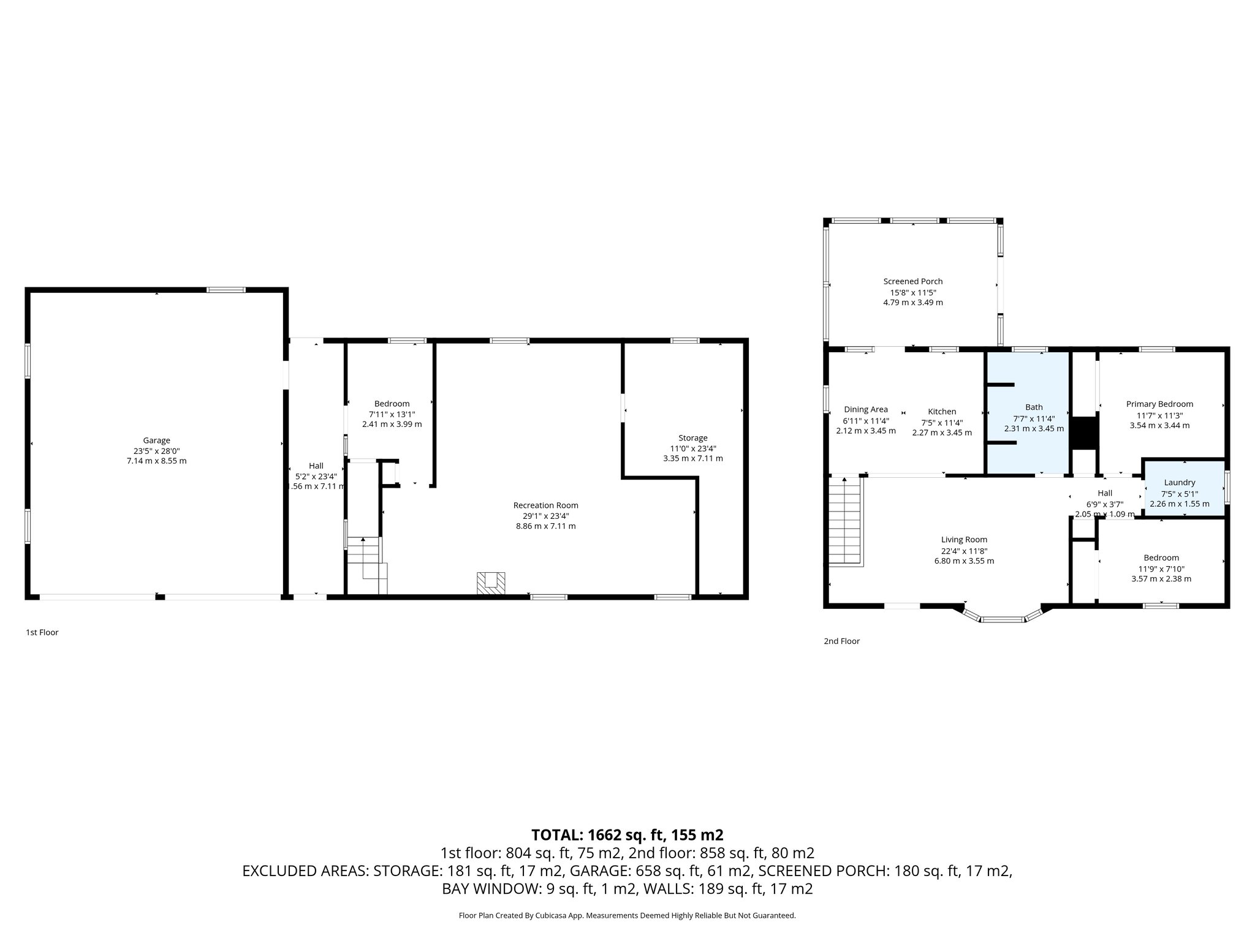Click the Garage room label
pos(156,440)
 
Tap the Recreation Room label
pos(545,505)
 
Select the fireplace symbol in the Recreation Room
pos(491,583)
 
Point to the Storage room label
pos(692,437)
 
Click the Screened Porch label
pos(912,281)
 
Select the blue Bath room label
pos(1034,407)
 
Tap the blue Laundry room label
pos(1179,483)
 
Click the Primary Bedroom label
pos(1159,404)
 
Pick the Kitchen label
pos(941,411)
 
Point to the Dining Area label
pos(865,409)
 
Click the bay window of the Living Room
pos(1003,618)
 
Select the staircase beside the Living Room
pos(846,521)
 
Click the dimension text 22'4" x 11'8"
pos(964,550)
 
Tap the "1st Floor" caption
pos(42,632)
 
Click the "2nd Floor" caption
pos(841,641)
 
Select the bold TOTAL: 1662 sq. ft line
pos(627,834)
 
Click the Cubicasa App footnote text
pos(627,915)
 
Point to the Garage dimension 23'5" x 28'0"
pos(156,450)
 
